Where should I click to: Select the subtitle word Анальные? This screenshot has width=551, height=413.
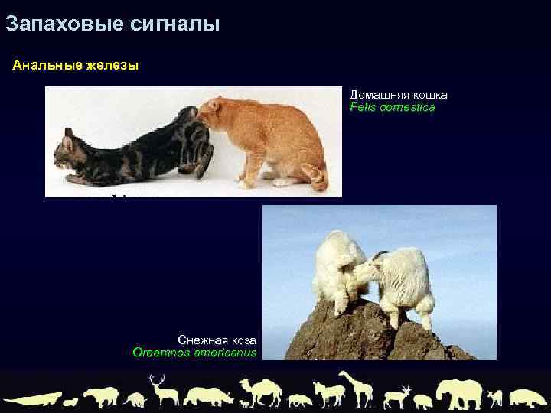tap(44, 66)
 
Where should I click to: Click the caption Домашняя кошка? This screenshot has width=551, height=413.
tap(398, 95)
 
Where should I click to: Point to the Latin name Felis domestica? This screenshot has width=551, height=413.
tap(392, 108)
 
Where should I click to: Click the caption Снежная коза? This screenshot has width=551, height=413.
tap(217, 339)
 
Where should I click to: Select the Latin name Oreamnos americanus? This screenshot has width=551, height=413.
tap(194, 353)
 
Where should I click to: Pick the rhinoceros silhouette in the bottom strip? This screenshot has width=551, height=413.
tap(208, 396)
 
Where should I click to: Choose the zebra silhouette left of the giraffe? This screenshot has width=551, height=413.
tap(328, 394)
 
